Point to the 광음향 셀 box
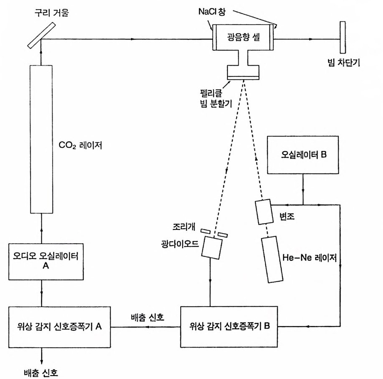(243, 38)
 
